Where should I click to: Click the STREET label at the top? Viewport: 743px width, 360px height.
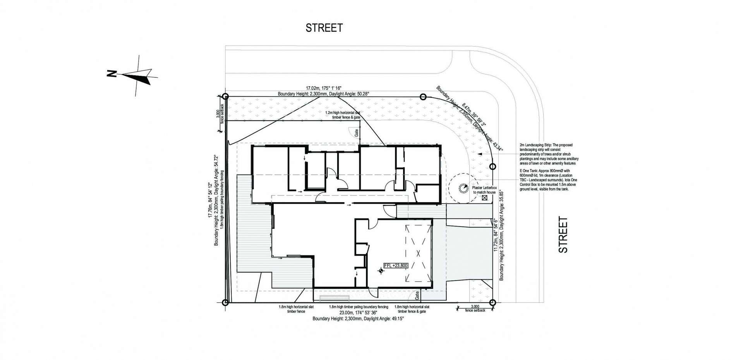click(x=324, y=28)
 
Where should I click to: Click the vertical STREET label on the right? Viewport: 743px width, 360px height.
click(x=563, y=235)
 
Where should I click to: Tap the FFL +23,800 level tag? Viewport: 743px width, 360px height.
click(x=395, y=266)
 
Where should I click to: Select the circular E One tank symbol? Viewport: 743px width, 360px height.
click(x=463, y=189)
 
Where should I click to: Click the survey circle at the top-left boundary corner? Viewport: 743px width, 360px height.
click(x=226, y=96)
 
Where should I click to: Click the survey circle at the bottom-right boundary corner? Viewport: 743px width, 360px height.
click(x=492, y=303)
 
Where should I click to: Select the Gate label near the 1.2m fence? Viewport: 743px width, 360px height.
click(x=357, y=133)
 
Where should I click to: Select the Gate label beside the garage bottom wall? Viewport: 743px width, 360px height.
click(x=417, y=295)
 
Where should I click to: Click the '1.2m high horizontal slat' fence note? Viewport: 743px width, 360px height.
click(x=343, y=112)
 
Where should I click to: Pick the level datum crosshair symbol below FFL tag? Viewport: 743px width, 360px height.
click(x=381, y=272)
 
